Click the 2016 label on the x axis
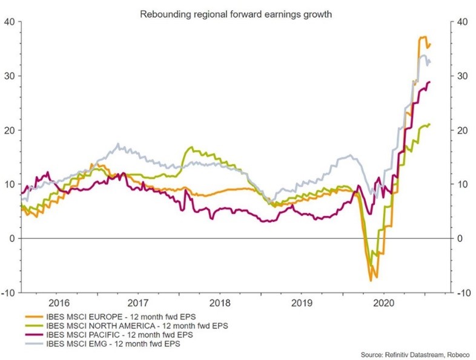click(58, 303)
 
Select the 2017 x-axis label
click(139, 303)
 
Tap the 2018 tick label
click(220, 303)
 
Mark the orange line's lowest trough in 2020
click(371, 281)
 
